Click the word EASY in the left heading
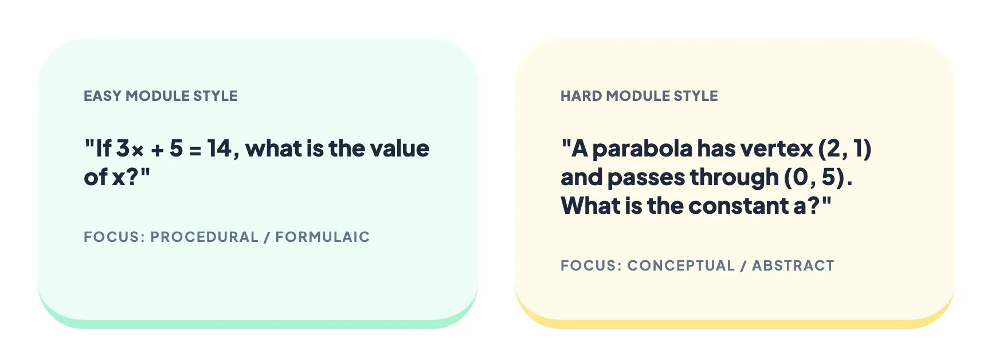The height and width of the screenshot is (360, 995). pos(102,96)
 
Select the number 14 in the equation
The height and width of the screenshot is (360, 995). pos(220,149)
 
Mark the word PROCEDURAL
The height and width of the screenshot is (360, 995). pos(204,237)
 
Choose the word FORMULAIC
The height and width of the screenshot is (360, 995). pos(323,237)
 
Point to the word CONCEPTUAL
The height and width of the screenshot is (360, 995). pos(681,265)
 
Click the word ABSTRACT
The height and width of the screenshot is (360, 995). pos(793,265)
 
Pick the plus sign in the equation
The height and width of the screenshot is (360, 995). pos(158,150)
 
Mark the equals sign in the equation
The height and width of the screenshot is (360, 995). pos(195,150)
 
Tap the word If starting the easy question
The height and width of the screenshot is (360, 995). pos(104,148)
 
